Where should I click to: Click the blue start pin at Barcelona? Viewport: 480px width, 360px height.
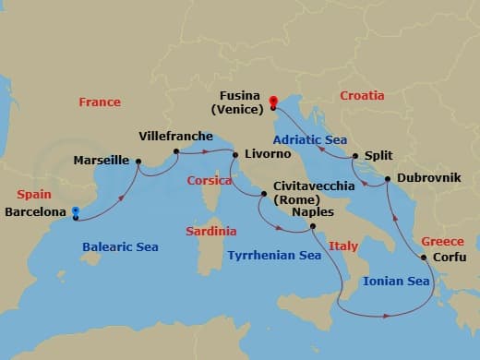(76, 211)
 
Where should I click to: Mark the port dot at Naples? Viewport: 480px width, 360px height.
(312, 226)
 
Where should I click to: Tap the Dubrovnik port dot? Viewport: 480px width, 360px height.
(387, 177)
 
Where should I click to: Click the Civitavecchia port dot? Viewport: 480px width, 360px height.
(265, 194)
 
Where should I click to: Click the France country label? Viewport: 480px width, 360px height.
(100, 102)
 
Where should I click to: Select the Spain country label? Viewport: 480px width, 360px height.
(34, 196)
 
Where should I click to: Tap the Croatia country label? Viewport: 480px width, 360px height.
(362, 94)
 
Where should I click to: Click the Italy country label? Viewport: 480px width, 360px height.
(343, 247)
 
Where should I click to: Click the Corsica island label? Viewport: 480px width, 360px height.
(209, 182)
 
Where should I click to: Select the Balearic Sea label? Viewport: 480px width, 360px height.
(120, 247)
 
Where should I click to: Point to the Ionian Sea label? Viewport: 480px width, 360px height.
(396, 281)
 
